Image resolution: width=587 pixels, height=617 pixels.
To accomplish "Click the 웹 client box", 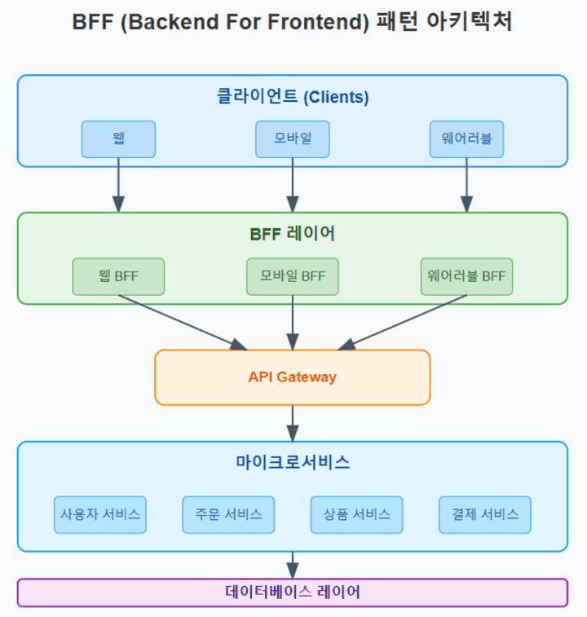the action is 118,139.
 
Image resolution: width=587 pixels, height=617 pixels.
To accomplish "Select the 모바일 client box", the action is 293,139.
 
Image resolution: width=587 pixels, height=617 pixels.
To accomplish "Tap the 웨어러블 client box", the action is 466,139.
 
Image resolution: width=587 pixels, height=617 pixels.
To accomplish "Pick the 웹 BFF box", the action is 118,276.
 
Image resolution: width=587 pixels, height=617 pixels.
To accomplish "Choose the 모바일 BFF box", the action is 293,276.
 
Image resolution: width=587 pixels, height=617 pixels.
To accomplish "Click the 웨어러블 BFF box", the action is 466,276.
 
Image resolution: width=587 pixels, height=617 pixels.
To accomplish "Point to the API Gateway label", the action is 293,377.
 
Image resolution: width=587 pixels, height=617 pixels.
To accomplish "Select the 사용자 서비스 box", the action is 100,514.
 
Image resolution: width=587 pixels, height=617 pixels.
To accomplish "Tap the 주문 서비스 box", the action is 228,514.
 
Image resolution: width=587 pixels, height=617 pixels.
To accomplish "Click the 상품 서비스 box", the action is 357,514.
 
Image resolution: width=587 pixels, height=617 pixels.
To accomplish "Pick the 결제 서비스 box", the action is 485,514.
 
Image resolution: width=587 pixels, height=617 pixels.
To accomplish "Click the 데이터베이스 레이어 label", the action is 293,592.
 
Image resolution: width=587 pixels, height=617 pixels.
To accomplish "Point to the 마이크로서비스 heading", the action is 293,462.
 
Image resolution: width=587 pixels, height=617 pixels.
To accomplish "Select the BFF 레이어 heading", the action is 293,234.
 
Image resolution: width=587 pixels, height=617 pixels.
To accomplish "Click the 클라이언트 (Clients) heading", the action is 293,96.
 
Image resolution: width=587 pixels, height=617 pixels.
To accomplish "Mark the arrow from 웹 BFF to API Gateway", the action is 183,323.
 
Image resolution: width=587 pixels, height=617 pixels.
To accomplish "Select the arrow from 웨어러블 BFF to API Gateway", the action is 402,323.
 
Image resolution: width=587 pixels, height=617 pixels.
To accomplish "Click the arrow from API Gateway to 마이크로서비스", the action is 293,423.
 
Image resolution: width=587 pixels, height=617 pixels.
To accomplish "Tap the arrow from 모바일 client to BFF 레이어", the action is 293,185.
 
